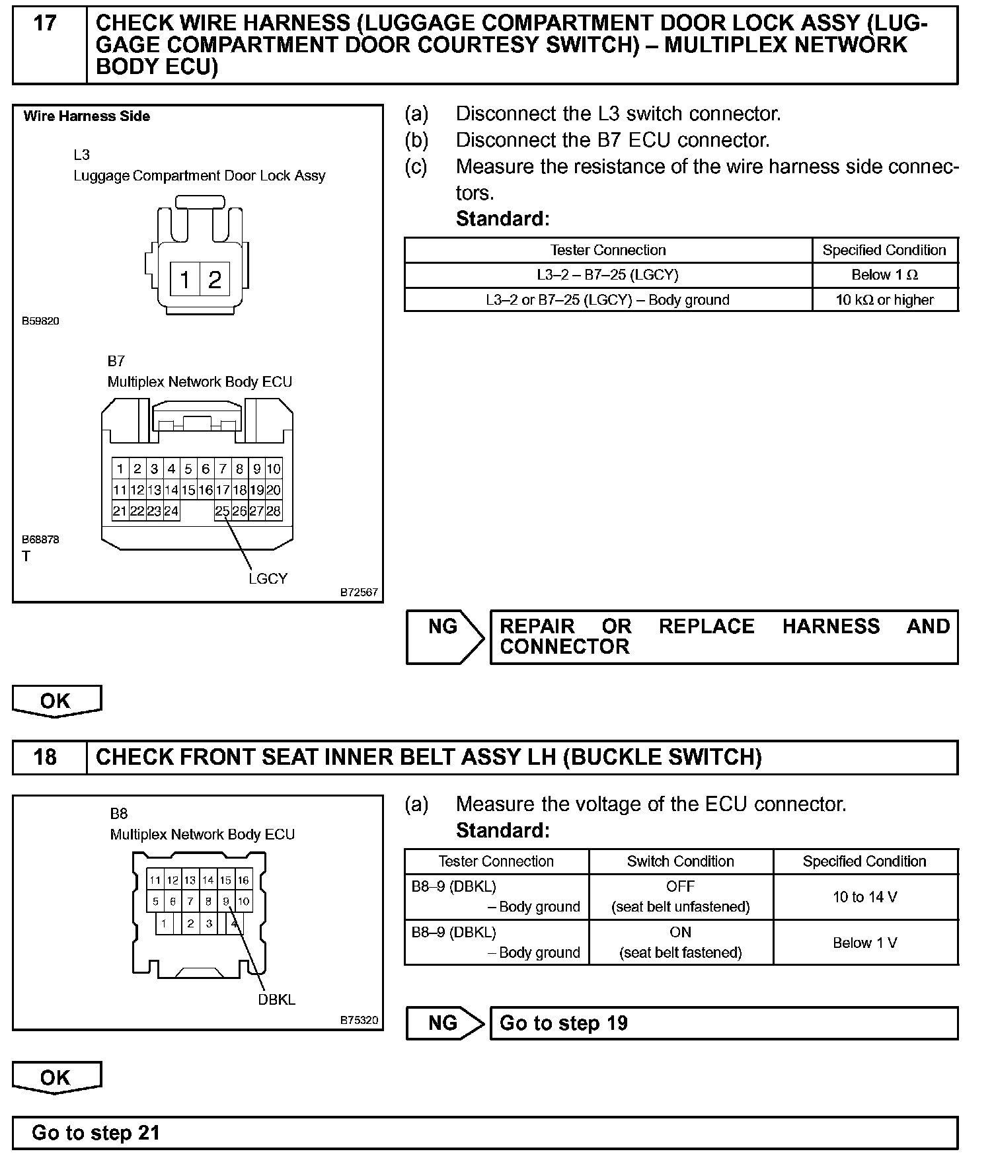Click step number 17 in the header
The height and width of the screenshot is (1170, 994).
(x=45, y=24)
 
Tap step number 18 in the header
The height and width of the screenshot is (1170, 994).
(x=45, y=757)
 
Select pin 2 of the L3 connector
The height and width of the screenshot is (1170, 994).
(x=214, y=280)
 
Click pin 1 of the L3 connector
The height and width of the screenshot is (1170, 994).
(x=185, y=280)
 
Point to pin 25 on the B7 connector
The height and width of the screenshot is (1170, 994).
(x=223, y=511)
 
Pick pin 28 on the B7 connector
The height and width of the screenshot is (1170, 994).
(x=274, y=511)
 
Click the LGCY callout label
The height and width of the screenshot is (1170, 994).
(x=268, y=578)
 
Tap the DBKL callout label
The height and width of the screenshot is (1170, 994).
(x=276, y=1000)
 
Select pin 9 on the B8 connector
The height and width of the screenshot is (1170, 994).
(x=226, y=901)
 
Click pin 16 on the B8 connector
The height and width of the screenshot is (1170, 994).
(x=243, y=880)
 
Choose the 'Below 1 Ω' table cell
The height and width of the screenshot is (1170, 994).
(x=884, y=275)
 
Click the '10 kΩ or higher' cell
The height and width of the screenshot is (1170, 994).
(x=884, y=300)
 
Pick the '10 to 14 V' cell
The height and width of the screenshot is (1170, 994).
(x=864, y=897)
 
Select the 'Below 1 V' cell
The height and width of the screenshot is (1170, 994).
(x=864, y=943)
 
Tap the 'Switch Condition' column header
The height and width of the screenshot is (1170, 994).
(x=680, y=861)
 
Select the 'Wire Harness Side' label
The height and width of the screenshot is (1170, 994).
(x=87, y=116)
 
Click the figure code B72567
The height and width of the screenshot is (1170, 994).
(x=359, y=592)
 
